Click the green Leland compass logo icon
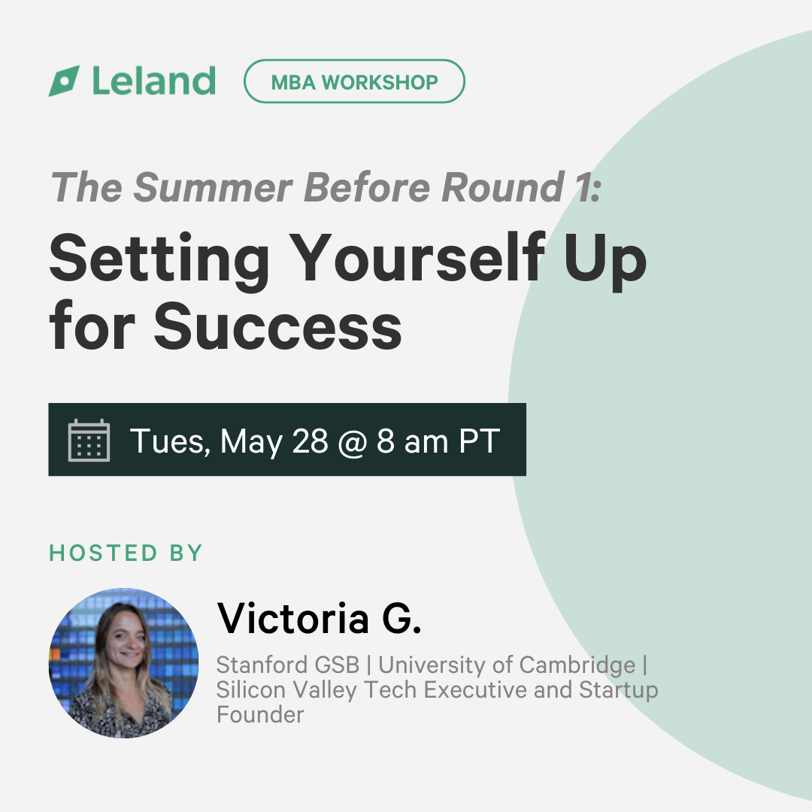pos(64,80)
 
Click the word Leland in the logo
pos(154,80)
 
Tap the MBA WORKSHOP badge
pos(354,81)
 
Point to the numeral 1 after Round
pos(584,187)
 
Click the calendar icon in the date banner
pos(89,440)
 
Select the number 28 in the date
pos(311,441)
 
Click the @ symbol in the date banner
pos(353,442)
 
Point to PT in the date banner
pos(480,441)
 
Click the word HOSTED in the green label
pos(103,553)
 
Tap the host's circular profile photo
pos(123,663)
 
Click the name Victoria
pos(292,618)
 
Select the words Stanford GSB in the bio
pos(287,665)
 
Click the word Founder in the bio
pos(260,715)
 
